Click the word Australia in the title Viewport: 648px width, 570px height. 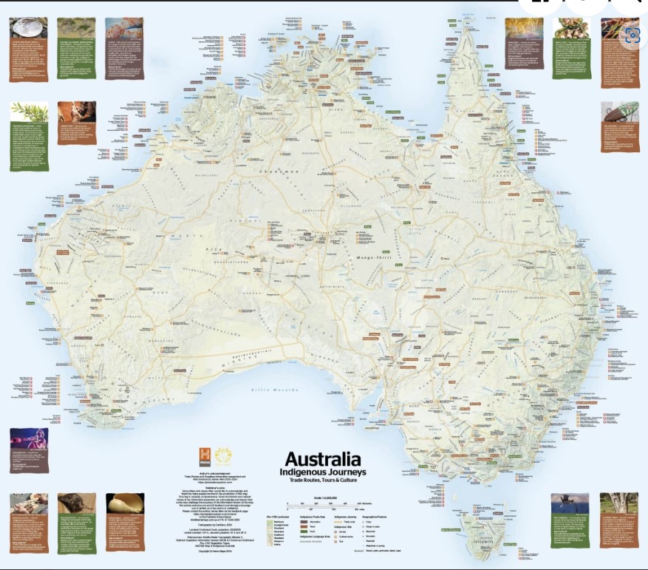click(x=323, y=458)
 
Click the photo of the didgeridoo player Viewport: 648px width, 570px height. click(x=28, y=441)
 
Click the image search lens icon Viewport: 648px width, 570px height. click(x=630, y=34)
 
